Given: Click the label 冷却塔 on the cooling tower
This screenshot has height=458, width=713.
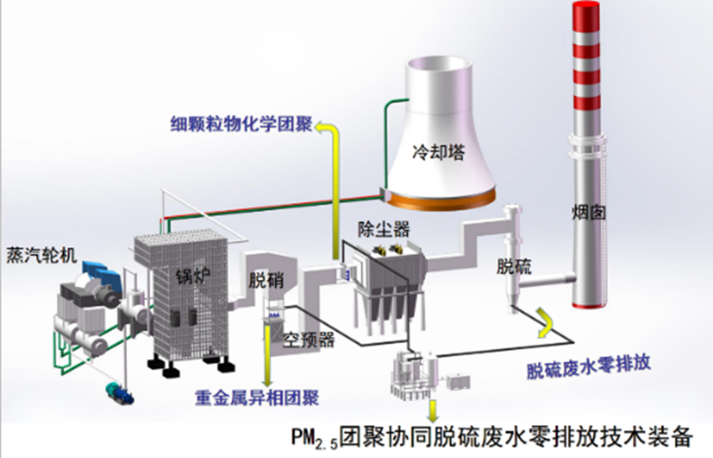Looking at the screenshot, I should [x=439, y=154].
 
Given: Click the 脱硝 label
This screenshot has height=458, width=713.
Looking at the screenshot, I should [x=266, y=281].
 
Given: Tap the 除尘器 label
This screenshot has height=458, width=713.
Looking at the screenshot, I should [x=383, y=229].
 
